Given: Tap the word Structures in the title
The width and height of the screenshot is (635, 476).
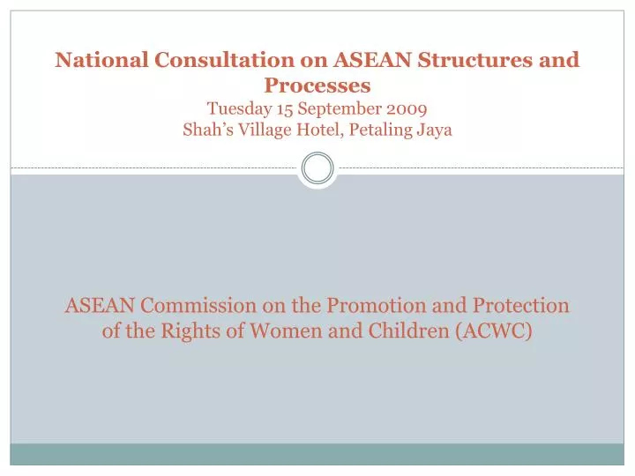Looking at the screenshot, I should (x=469, y=60).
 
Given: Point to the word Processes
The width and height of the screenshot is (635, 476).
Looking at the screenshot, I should (x=317, y=86).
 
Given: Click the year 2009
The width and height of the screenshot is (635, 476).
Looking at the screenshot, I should (x=407, y=109).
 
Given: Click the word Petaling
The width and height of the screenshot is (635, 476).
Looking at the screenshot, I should (x=384, y=130).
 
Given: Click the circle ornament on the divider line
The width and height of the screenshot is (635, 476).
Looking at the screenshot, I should (x=317, y=167).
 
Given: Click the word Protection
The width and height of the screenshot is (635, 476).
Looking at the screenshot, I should (x=520, y=306).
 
